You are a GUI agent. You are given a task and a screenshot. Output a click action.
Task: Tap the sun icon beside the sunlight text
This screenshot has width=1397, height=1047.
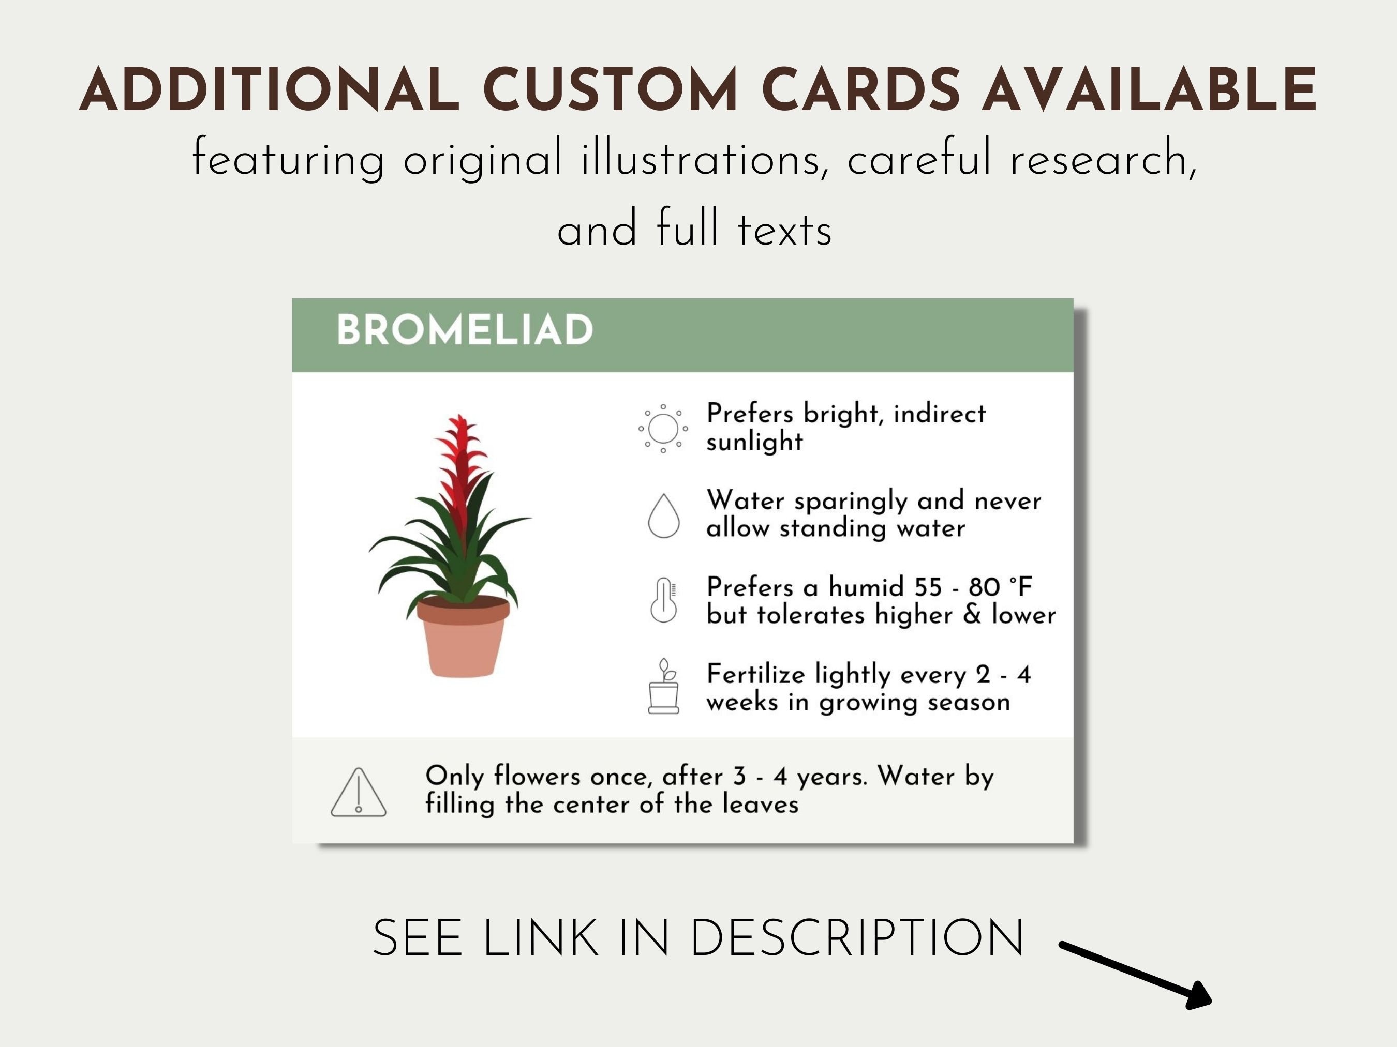[x=662, y=429]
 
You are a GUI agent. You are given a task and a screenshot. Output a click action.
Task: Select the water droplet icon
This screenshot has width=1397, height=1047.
[x=663, y=515]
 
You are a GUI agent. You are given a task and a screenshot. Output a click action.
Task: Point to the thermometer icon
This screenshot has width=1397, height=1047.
[x=663, y=600]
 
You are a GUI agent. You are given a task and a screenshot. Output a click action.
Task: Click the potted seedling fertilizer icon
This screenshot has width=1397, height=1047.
[x=663, y=687]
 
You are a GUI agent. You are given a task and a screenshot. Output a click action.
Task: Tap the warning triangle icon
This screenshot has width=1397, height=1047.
[x=358, y=793]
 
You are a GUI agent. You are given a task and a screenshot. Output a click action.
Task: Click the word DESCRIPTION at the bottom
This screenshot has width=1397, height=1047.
[x=857, y=939]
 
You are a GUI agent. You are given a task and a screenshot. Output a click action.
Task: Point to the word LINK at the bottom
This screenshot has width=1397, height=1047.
[x=540, y=939]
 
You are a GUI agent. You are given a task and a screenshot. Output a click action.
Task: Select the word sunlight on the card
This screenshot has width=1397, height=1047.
[x=754, y=442]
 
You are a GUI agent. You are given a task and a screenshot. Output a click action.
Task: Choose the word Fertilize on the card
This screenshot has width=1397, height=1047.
[x=755, y=675]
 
